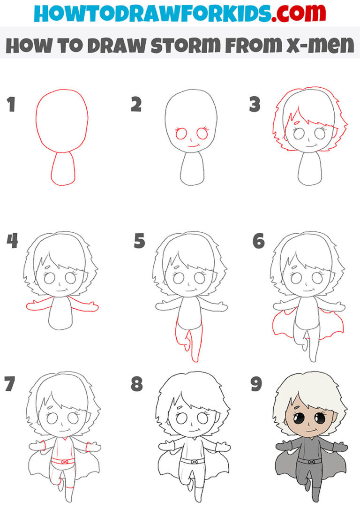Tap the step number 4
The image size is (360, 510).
click(x=12, y=241)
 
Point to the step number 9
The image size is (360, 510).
click(x=256, y=384)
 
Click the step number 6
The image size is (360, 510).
click(x=258, y=242)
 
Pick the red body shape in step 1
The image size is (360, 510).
click(x=63, y=168)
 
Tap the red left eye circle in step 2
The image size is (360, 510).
click(x=180, y=134)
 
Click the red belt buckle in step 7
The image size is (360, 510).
click(x=65, y=462)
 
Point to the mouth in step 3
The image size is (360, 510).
click(x=312, y=147)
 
